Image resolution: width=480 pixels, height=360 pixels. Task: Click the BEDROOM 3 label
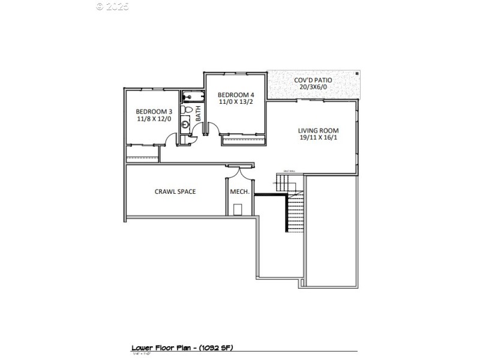tap(154, 111)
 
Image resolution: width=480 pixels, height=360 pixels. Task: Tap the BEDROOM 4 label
tap(236, 95)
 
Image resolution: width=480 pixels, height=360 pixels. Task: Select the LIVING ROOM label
tap(319, 130)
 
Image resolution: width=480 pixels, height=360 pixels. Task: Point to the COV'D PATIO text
tap(313, 80)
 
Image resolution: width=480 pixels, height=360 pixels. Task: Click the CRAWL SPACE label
tap(175, 191)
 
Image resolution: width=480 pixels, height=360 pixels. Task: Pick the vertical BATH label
tap(198, 113)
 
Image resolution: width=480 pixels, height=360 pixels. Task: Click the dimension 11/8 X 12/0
tap(154, 119)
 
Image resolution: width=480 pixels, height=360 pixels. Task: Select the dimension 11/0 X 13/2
tap(236, 103)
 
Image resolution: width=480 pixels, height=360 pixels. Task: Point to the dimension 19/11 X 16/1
tap(319, 137)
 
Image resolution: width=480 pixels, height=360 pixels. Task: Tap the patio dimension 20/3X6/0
tap(313, 87)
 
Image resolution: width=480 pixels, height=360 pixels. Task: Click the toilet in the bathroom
tap(187, 111)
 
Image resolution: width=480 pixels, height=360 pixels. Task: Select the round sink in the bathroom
tap(186, 125)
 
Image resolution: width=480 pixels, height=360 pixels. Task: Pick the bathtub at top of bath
tap(192, 96)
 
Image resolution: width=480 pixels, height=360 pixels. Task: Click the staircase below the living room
tap(294, 213)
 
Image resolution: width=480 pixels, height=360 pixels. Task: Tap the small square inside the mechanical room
tap(238, 209)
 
